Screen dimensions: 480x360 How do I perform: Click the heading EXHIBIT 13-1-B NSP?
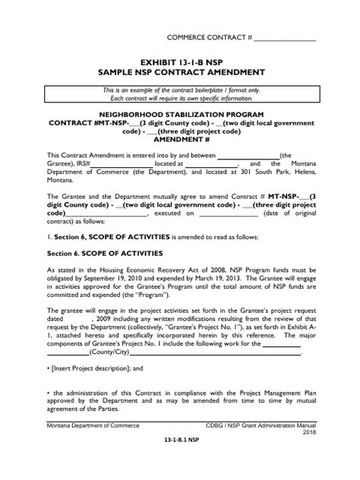coord(180,62)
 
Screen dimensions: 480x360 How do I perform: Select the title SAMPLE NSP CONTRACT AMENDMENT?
coord(180,72)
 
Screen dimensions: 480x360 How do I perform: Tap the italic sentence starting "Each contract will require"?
coord(179,99)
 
